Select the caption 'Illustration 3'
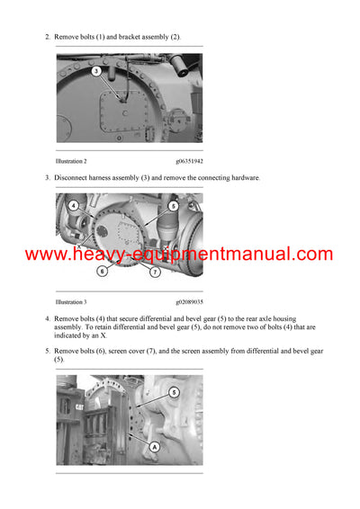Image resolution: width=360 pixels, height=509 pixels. (71, 303)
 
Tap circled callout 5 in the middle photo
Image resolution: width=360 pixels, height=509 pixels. (173, 206)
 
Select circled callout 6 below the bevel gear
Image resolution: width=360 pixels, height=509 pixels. (102, 271)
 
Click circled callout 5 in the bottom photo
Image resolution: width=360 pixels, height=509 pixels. (173, 392)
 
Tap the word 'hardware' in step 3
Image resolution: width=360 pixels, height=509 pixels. (243, 178)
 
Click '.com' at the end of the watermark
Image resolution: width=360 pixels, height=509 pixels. (311, 254)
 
